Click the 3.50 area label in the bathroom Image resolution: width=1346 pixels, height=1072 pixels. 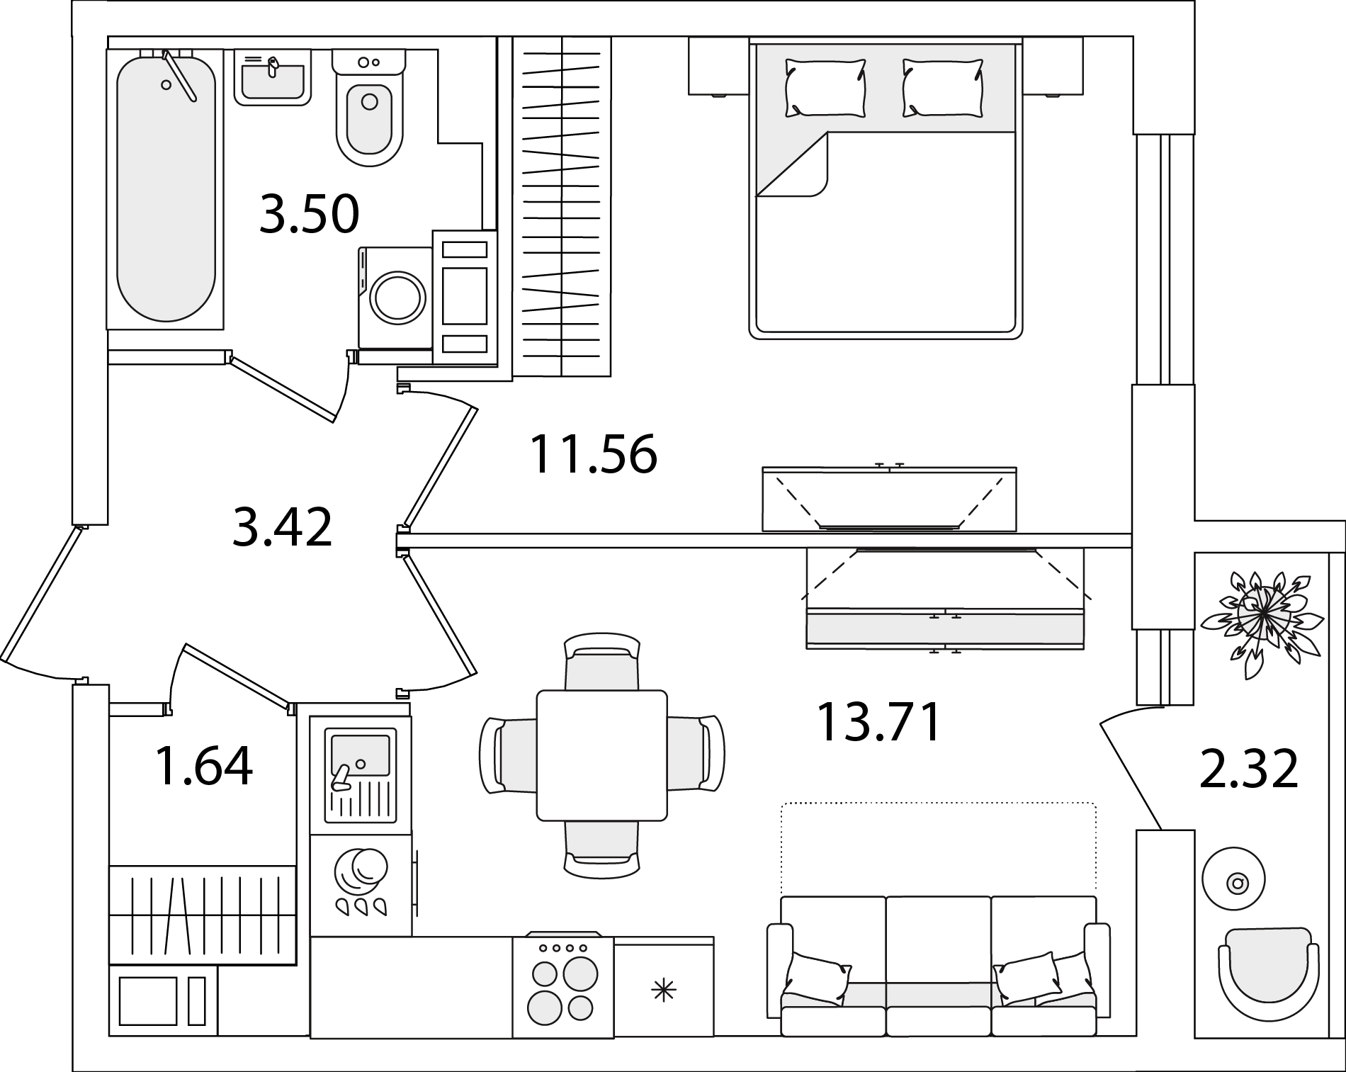(310, 214)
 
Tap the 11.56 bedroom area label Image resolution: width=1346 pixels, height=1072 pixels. (594, 453)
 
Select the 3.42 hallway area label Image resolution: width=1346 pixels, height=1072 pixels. (282, 528)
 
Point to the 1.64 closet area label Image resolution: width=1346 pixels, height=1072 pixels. (203, 767)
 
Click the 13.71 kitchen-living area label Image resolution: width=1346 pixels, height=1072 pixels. (879, 722)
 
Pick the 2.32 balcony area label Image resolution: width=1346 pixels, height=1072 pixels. (1249, 769)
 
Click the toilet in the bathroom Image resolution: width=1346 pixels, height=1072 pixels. (369, 107)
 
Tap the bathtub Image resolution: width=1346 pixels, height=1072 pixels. (166, 189)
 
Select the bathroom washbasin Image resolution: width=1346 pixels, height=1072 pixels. (273, 77)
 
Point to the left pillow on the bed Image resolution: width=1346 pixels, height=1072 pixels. (825, 88)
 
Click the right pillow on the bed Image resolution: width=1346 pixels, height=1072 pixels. (943, 88)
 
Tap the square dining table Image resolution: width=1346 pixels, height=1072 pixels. (602, 755)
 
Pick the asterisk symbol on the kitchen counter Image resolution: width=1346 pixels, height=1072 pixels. (663, 990)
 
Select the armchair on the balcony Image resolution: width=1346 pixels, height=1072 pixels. (1268, 974)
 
